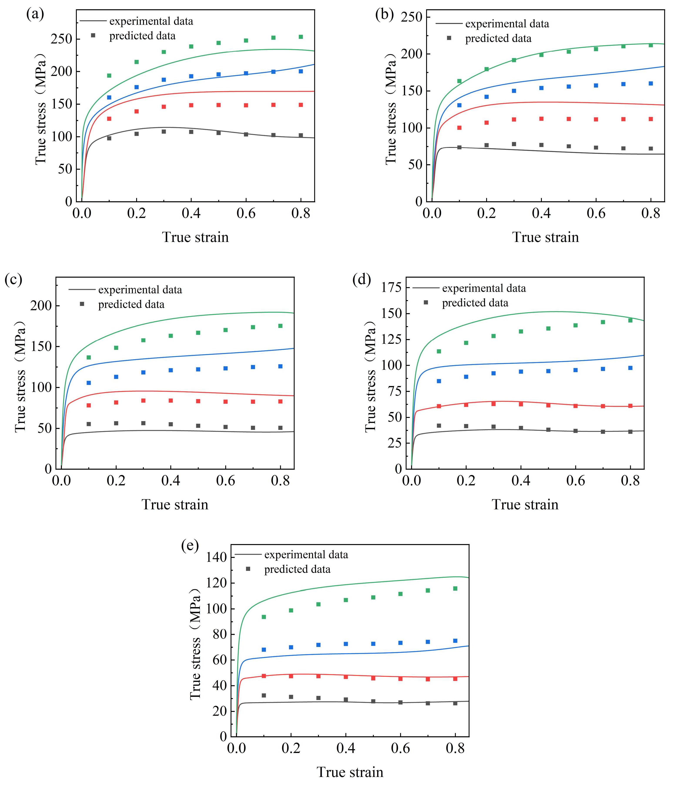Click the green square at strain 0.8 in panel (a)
pos(301,37)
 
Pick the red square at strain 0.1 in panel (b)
pos(459,128)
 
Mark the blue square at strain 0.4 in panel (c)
pos(171,370)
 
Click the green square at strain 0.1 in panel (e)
pos(264,617)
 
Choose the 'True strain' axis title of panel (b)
pos(546,237)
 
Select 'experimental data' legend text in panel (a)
pos(151,21)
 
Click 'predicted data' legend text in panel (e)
pos(297,569)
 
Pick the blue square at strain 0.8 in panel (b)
pos(651,83)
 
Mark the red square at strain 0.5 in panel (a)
pos(218,105)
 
